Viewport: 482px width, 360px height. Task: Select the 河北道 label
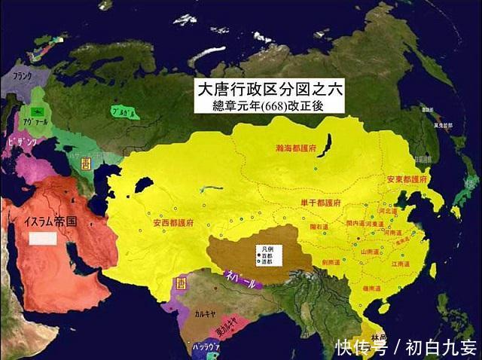[386, 213]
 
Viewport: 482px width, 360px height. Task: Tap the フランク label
[17, 76]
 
